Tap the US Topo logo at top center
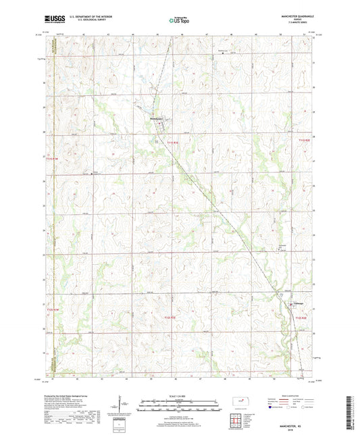(179, 20)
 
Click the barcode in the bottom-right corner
(350, 412)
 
